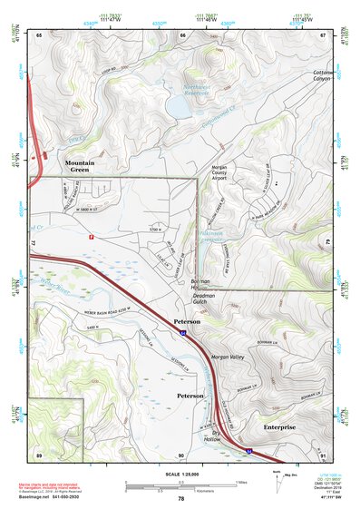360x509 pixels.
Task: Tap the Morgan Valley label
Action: pyautogui.click(x=229, y=357)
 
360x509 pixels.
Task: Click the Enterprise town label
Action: pyautogui.click(x=279, y=426)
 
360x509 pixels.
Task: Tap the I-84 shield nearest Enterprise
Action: pyautogui.click(x=248, y=448)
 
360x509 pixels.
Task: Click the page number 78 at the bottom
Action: pyautogui.click(x=180, y=498)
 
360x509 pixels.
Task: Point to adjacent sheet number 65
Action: pyautogui.click(x=39, y=34)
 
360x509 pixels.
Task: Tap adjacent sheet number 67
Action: pyautogui.click(x=324, y=34)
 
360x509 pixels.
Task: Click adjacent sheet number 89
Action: pyautogui.click(x=39, y=454)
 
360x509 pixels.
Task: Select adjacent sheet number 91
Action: pyautogui.click(x=324, y=454)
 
